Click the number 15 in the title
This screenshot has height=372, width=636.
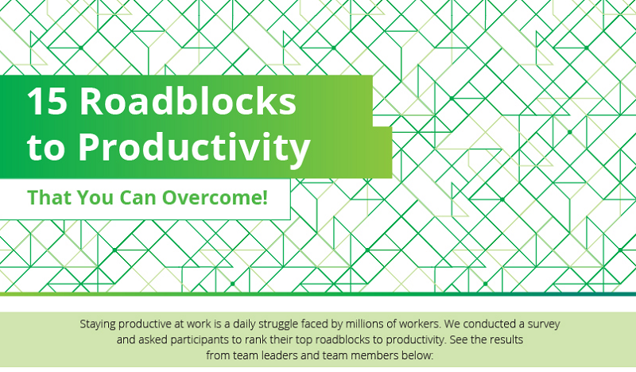click(x=47, y=102)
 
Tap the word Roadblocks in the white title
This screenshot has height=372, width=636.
click(x=188, y=101)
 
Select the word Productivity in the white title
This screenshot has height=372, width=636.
click(x=194, y=147)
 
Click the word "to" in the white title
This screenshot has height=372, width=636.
click(x=46, y=149)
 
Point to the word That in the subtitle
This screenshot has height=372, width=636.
click(x=50, y=198)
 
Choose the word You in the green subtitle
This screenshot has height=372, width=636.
click(x=95, y=198)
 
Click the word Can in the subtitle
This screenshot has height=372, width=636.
click(x=138, y=198)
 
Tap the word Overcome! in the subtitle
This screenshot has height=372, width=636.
click(x=215, y=198)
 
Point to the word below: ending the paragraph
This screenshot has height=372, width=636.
click(x=418, y=355)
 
